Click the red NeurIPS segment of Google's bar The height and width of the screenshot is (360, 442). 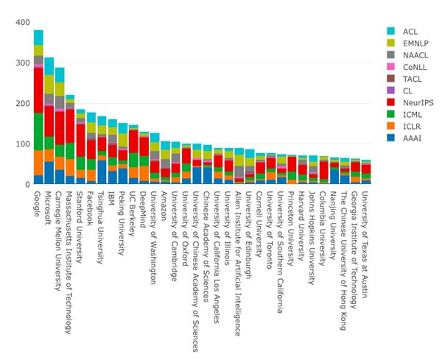(38, 90)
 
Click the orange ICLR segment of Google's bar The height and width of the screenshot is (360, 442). (38, 162)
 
